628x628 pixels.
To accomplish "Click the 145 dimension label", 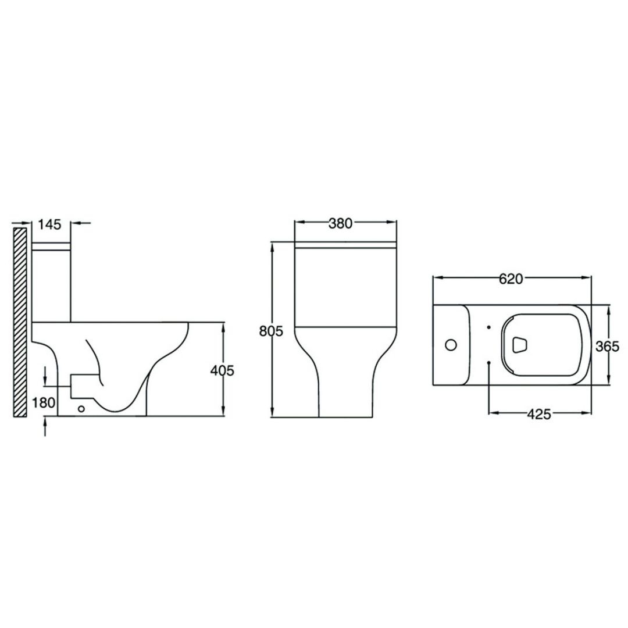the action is coord(50,224).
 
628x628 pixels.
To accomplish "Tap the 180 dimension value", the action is coord(43,402).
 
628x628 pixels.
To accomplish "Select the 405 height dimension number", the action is coord(222,371).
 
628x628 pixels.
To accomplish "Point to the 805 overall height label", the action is coord(271,331).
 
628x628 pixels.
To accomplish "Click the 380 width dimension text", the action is coord(340,223).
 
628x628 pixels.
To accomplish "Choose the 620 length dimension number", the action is coord(511,279).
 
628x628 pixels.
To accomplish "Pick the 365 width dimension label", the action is coord(607,345).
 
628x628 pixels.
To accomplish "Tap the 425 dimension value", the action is coord(538,415).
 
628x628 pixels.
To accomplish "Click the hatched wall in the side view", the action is coord(20,322).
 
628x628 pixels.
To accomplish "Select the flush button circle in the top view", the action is coord(451,344).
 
